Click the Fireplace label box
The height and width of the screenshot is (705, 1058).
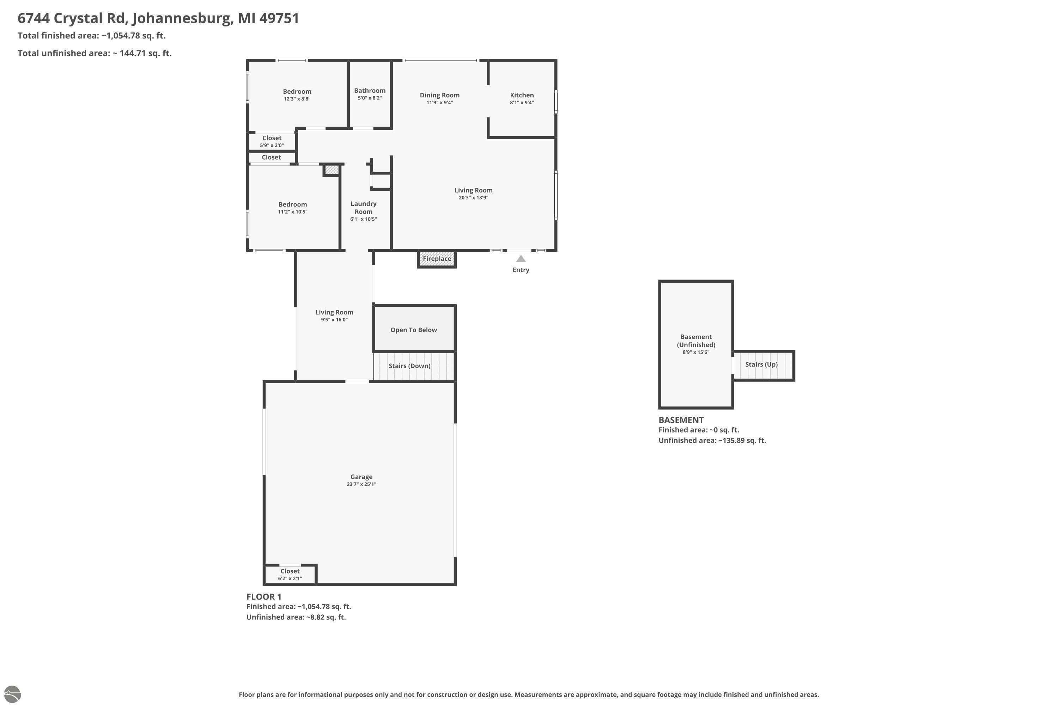[437, 259]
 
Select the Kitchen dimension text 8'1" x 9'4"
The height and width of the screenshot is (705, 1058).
[522, 103]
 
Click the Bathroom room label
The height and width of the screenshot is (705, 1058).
[370, 90]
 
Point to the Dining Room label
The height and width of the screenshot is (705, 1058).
[439, 95]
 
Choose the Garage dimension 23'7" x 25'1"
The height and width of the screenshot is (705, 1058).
[361, 484]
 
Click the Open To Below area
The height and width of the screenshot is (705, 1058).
[414, 329]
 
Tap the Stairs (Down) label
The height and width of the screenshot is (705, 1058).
[409, 366]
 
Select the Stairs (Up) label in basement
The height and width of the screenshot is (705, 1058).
[761, 364]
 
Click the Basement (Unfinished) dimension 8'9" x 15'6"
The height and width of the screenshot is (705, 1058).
[696, 352]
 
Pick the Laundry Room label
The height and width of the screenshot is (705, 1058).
[364, 208]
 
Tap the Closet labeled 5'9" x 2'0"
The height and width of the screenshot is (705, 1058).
[272, 141]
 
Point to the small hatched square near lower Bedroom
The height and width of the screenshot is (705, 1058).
[332, 170]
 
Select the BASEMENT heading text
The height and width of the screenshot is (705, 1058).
[681, 420]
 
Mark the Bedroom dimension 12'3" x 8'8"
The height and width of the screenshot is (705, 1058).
[297, 99]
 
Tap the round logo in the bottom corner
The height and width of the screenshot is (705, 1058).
[12, 694]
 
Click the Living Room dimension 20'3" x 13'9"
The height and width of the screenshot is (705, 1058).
[473, 198]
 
